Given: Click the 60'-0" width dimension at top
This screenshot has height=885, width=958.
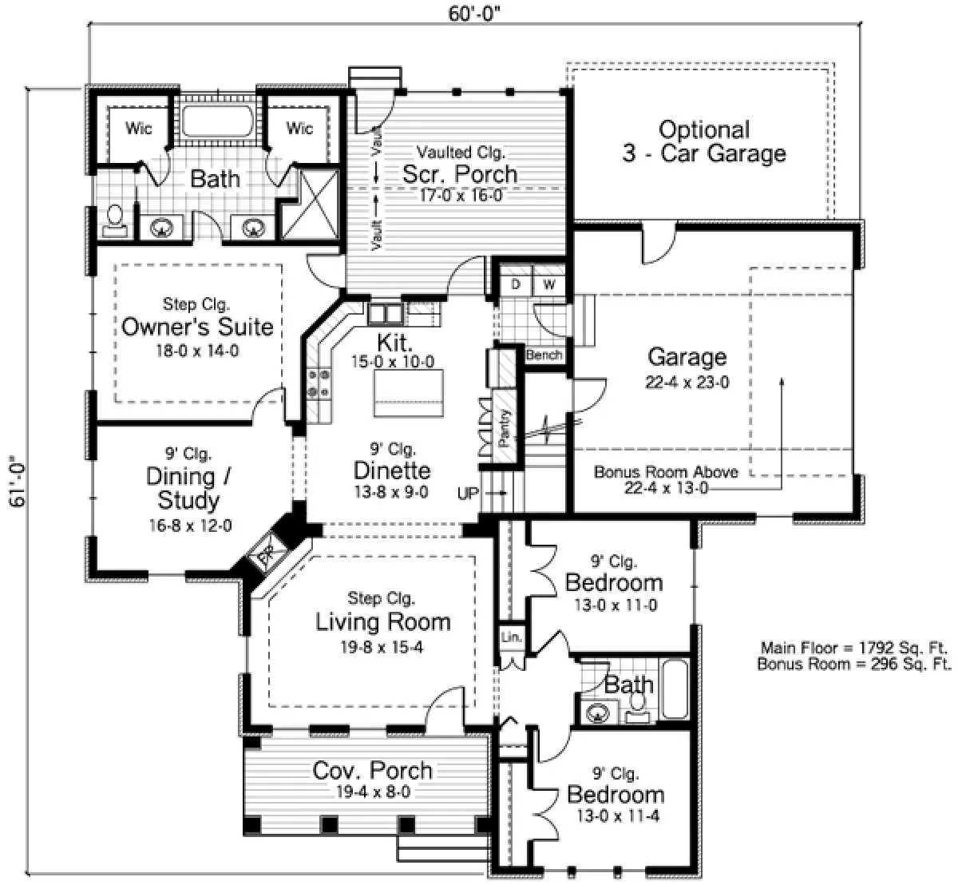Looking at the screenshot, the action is pos(474,14).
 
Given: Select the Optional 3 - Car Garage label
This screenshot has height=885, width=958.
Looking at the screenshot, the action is pos(704,141).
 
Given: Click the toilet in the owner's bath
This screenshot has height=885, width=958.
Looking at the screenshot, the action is pos(115,220).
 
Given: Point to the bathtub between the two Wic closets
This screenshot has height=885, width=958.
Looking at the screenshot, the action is pos(217,121).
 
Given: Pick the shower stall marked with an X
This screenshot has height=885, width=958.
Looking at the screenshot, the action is pos(311,204).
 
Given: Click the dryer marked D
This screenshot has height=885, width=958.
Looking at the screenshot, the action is pos(516,284).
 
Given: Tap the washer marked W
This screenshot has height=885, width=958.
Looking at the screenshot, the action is pos(549,284).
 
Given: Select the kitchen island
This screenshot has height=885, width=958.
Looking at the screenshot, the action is pos(409,393).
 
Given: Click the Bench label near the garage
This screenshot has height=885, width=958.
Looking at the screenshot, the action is pos(544,355).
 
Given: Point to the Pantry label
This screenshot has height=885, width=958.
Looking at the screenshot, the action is pos(504,428).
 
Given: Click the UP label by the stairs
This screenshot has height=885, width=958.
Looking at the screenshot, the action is pos(468,494).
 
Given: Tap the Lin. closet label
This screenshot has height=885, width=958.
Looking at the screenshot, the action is pos(511,637).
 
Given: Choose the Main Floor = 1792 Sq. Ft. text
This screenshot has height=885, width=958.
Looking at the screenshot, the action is pos(853,648).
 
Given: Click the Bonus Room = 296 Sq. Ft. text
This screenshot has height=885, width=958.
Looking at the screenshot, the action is pos(853,665).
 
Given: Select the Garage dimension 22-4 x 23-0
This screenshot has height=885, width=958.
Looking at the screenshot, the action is pos(687,383).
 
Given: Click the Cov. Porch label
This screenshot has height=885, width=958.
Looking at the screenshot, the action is pos(372,771).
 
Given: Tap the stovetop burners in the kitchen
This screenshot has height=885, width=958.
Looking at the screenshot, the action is pos(319,383).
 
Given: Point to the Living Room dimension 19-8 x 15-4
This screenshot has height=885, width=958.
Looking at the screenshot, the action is pos(382,647).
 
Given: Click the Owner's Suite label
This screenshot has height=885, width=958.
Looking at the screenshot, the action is pos(197,327).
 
